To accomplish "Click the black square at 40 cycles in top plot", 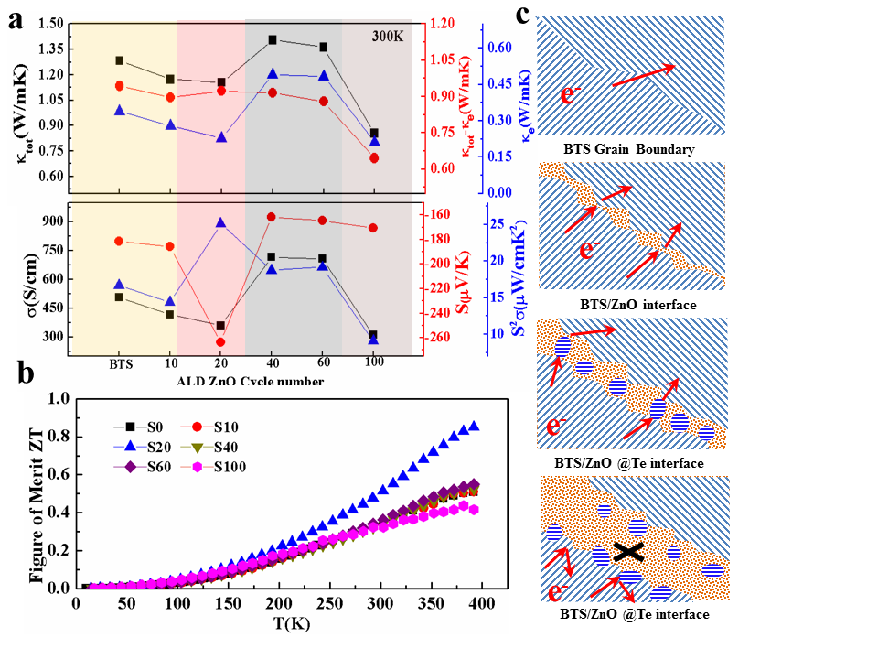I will click(x=273, y=40).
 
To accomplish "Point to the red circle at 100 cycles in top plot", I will click(x=373, y=158).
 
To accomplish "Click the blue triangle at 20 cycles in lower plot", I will click(x=220, y=222).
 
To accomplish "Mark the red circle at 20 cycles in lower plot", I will click(x=220, y=342).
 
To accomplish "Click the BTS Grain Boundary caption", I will click(x=630, y=149).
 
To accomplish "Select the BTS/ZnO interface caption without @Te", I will click(x=630, y=304).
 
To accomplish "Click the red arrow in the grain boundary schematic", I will click(x=642, y=76).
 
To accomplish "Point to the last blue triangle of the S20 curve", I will click(x=474, y=426).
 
